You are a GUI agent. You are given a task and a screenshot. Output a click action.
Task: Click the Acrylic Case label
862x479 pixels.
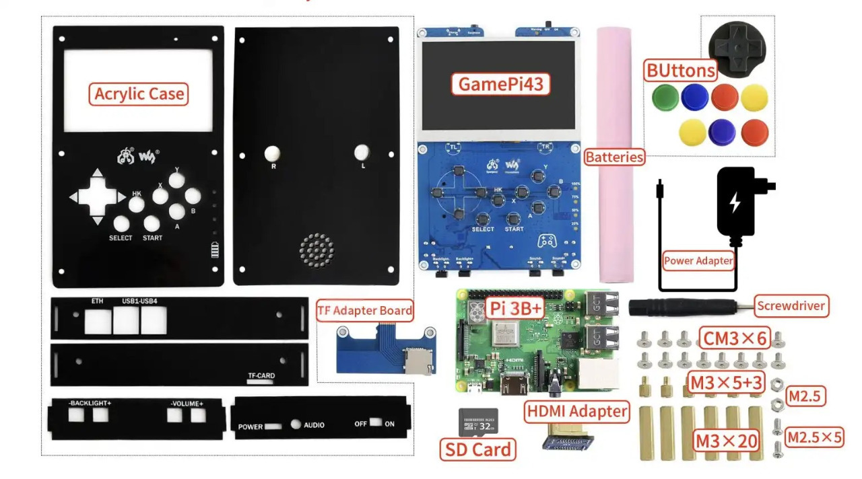[139, 94]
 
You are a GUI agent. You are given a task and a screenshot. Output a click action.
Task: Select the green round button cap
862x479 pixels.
[665, 98]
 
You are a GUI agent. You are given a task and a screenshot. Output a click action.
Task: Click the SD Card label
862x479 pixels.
[478, 449]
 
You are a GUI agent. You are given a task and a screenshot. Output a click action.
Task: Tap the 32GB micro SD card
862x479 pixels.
[478, 421]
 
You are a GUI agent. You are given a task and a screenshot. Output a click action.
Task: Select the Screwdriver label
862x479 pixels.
[791, 306]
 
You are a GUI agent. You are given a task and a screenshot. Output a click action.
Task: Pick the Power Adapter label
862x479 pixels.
[698, 260]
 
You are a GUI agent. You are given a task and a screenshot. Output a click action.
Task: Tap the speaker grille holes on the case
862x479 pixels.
[317, 250]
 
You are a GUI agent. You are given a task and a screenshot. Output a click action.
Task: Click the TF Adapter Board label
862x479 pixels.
[364, 310]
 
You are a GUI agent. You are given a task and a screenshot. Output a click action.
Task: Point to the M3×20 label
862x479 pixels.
[727, 441]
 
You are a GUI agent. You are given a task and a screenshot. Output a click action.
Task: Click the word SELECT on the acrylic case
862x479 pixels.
[121, 238]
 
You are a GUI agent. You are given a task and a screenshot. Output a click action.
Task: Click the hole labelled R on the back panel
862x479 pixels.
[273, 153]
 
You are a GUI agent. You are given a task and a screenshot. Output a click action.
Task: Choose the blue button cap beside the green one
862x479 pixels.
[694, 98]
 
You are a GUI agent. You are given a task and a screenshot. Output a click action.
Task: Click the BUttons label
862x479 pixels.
[679, 71]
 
